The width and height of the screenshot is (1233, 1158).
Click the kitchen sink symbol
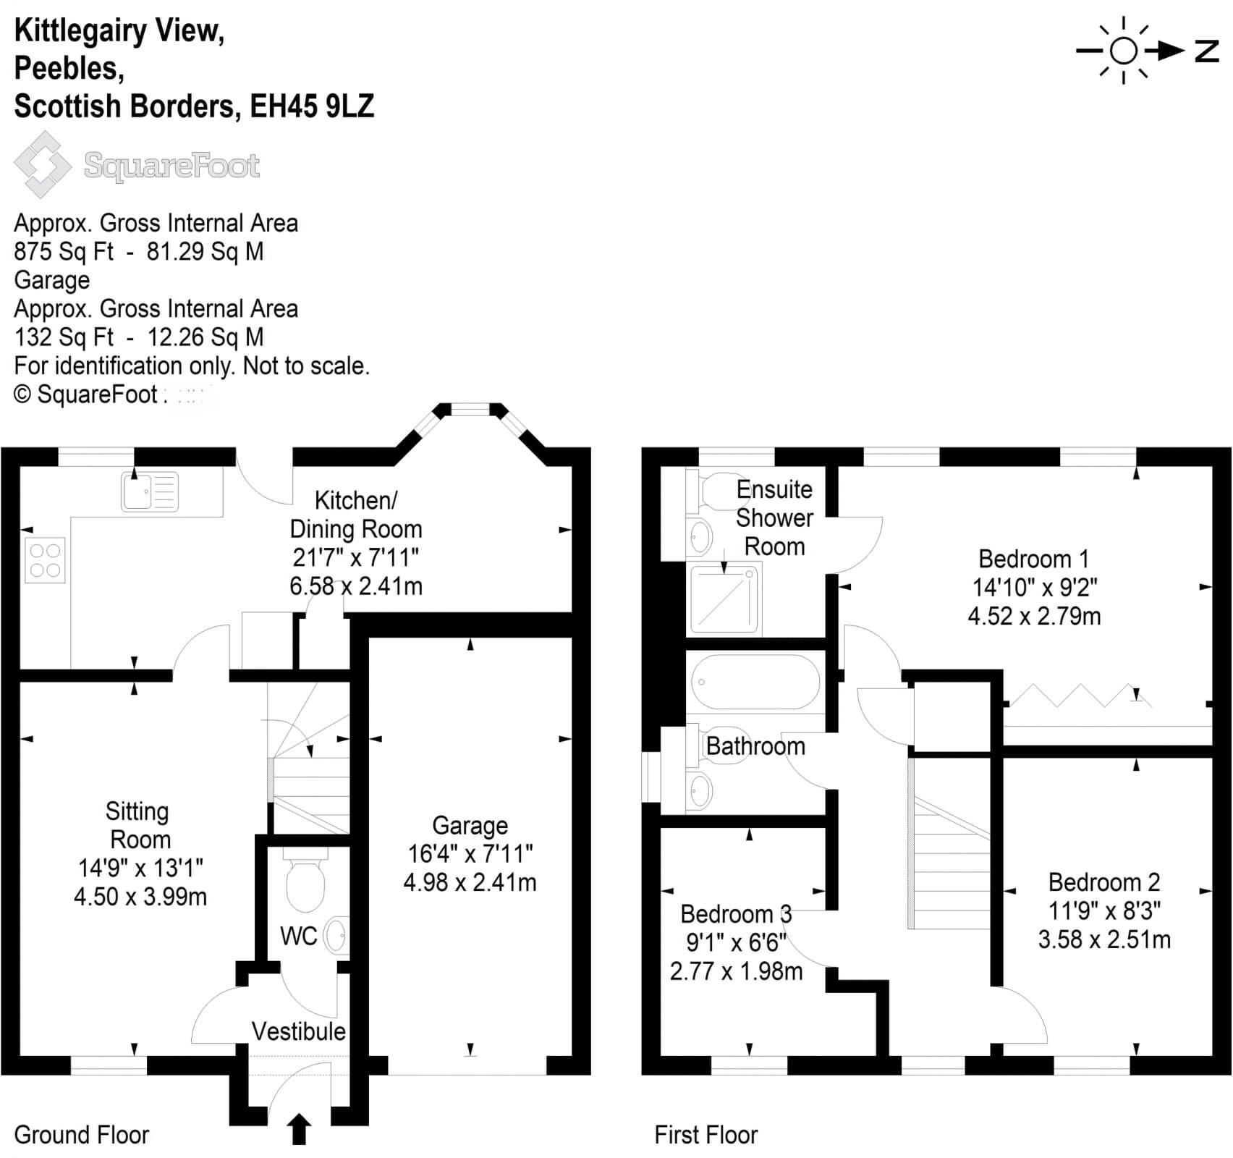tap(149, 491)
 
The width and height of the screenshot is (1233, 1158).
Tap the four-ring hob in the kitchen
tap(45, 560)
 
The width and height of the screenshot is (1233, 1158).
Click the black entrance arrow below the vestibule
tap(299, 1130)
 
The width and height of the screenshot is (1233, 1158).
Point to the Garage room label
tap(470, 825)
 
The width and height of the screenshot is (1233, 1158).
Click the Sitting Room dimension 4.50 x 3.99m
tap(140, 897)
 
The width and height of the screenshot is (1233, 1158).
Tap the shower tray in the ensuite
tap(726, 599)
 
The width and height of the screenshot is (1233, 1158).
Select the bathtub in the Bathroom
tap(755, 682)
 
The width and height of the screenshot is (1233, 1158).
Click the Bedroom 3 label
tap(736, 914)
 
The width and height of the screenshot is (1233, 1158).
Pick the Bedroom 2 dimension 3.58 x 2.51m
tap(1104, 939)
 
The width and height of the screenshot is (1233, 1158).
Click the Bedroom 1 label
tap(1033, 559)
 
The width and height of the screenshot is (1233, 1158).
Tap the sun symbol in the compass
tap(1123, 51)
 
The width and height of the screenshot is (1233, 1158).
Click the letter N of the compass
tap(1206, 51)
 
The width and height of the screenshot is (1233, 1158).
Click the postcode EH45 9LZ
tap(312, 106)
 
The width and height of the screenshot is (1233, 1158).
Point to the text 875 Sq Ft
tap(64, 252)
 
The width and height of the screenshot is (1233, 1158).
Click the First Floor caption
tap(706, 1135)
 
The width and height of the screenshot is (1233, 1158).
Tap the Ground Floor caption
tap(81, 1135)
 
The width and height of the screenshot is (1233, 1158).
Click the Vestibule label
tap(298, 1031)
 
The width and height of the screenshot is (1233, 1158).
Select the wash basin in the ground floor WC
tap(336, 936)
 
